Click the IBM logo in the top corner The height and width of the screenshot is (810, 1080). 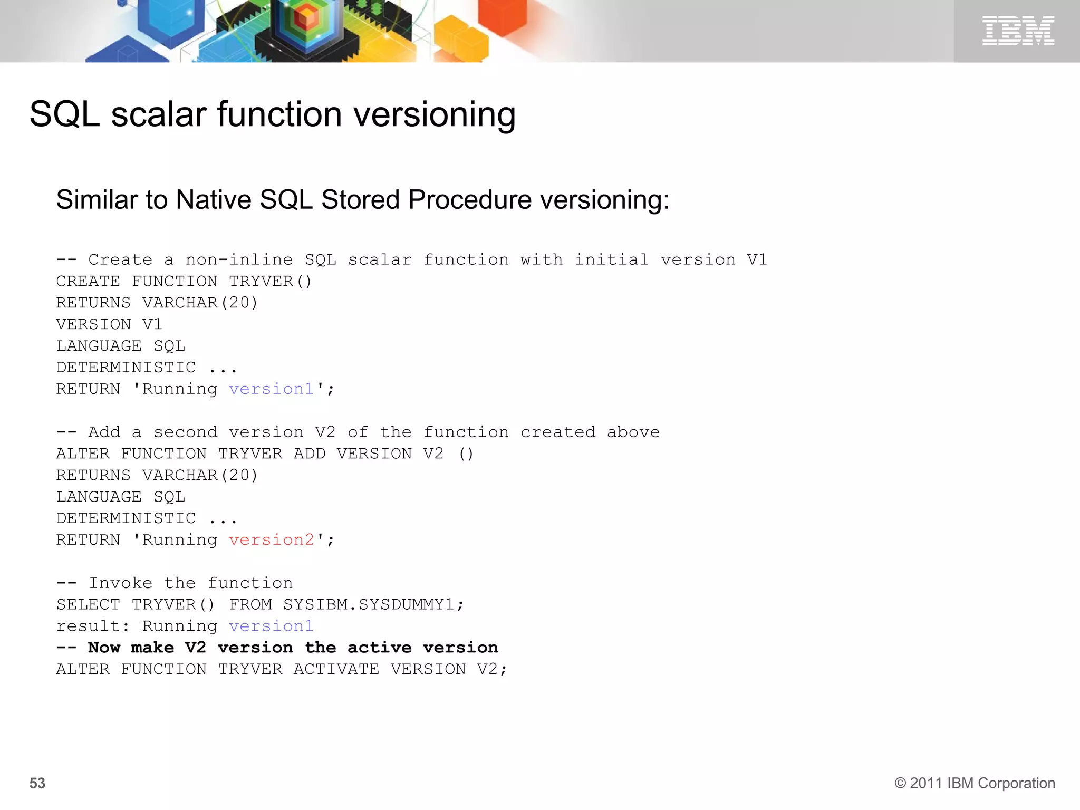pos(1018,31)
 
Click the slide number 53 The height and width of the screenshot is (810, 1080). pos(37,783)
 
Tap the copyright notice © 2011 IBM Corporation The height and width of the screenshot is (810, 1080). pos(975,783)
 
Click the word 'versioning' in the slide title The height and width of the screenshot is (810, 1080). pos(435,114)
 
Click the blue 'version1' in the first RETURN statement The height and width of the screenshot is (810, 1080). pos(272,389)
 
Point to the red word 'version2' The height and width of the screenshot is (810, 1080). pos(272,540)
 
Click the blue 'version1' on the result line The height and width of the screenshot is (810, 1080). pos(272,626)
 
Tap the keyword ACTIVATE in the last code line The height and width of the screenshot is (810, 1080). pos(336,669)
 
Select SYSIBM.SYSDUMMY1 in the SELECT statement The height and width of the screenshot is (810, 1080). pos(373,604)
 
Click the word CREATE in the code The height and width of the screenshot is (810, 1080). pos(88,282)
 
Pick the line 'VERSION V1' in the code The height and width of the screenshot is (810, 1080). pos(109,324)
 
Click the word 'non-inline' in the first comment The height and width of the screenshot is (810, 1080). pos(239,260)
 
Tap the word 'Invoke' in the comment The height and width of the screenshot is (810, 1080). pos(120,583)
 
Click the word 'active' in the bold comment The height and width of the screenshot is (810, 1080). pos(379,648)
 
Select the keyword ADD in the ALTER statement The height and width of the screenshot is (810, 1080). pos(310,454)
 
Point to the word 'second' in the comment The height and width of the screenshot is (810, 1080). pos(185,432)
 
